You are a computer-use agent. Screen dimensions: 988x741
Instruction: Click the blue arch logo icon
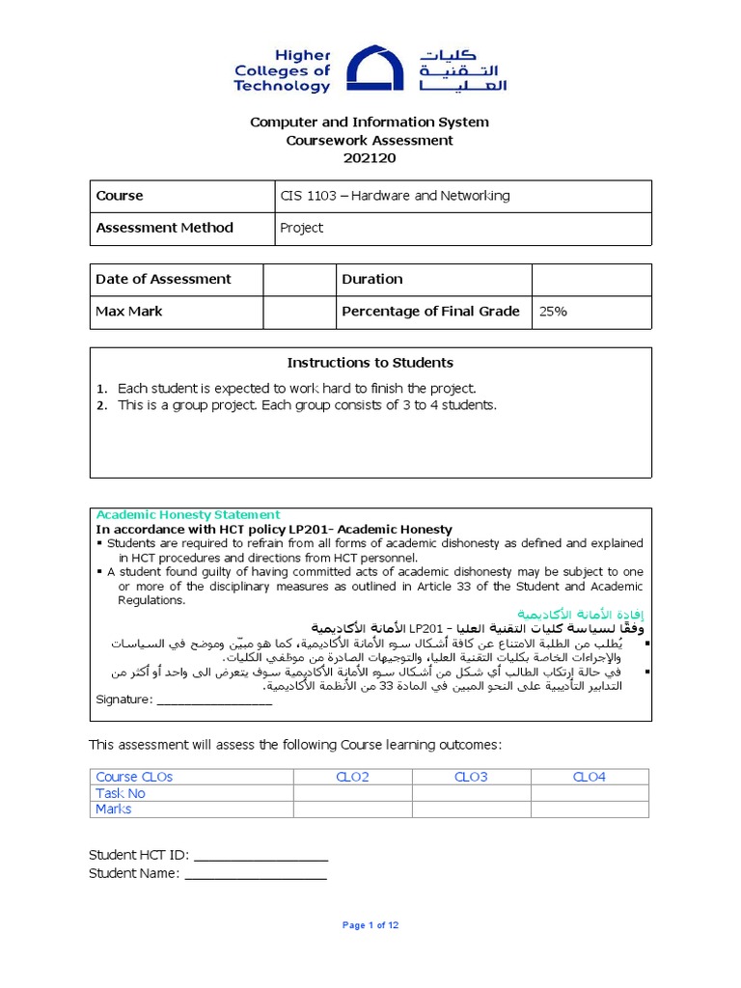click(x=375, y=69)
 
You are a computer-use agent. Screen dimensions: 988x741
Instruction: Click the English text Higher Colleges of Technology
click(x=282, y=70)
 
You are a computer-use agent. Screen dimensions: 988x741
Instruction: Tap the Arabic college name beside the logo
click(x=462, y=70)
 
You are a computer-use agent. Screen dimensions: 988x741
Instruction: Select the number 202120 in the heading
click(x=370, y=158)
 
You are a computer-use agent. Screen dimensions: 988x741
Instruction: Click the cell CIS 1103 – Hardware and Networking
click(x=395, y=196)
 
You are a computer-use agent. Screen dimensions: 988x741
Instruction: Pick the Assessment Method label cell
click(x=165, y=229)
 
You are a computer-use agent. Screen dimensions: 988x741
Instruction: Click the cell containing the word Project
click(x=302, y=229)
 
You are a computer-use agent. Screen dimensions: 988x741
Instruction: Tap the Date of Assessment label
click(x=164, y=280)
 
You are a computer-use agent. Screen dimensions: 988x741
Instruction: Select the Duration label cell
click(x=372, y=280)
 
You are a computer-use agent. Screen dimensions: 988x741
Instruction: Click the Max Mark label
click(x=129, y=312)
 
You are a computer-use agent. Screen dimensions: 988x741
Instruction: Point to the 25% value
click(x=554, y=312)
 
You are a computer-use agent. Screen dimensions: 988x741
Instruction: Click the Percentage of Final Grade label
click(x=430, y=312)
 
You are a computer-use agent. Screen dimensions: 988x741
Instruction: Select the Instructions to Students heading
click(x=370, y=363)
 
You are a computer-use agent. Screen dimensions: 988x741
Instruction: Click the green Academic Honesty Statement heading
click(x=188, y=515)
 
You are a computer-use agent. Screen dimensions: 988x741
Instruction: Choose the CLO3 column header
click(x=471, y=777)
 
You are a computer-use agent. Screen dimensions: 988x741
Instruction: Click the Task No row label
click(x=121, y=793)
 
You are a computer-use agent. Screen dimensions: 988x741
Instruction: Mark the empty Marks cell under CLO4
click(x=589, y=810)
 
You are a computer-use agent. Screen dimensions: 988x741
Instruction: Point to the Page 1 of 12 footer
click(x=370, y=925)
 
